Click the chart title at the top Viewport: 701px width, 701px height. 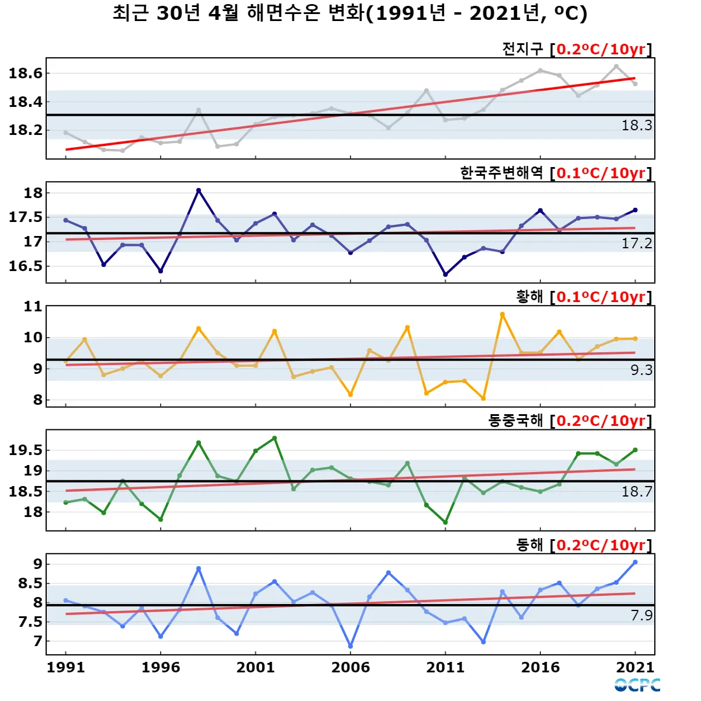point(350,13)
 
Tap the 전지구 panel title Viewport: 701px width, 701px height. point(577,49)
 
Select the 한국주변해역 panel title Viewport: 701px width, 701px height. point(556,173)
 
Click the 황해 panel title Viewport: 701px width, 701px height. point(584,297)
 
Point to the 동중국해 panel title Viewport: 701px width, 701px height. point(570,421)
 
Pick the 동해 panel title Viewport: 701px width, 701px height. point(584,545)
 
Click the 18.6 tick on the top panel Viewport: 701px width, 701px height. point(26,74)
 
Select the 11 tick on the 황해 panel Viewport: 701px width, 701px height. point(33,307)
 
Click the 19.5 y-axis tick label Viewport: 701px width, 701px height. point(26,450)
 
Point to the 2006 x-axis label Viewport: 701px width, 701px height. point(350,668)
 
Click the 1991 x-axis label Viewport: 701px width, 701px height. point(65,668)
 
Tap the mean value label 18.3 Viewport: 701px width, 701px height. point(637,126)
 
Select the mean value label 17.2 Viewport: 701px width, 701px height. point(637,244)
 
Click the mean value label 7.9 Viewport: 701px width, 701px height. point(641,615)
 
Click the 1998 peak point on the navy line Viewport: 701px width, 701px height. point(199,190)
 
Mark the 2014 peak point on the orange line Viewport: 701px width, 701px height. point(502,314)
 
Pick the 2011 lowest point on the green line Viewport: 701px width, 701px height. point(446,523)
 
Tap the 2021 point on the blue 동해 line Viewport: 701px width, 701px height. point(636,562)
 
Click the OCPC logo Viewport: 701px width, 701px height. point(637,685)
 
